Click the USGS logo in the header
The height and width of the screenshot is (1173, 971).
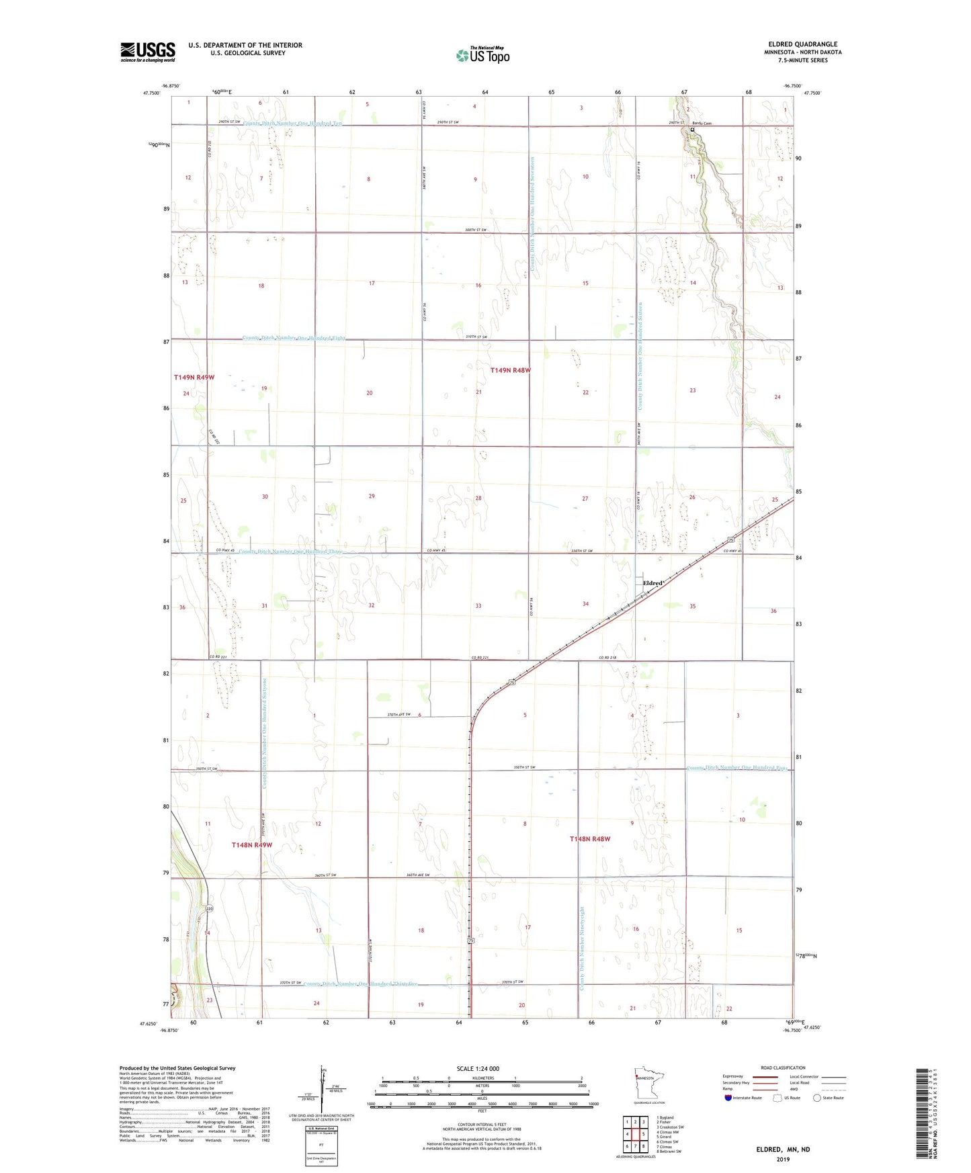coord(148,52)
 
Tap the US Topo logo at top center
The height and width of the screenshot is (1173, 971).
coord(482,55)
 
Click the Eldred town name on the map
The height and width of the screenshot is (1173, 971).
coord(652,583)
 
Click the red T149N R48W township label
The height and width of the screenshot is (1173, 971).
coord(510,370)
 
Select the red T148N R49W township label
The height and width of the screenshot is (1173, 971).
coord(251,844)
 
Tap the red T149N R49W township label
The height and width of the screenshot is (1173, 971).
coord(194,378)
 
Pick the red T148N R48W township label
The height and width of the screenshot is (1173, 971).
coord(589,839)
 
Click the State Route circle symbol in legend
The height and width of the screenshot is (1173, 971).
coord(817,1098)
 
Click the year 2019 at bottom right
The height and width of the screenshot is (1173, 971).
coord(782,1159)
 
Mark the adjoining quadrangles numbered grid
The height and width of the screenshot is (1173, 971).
coord(635,1134)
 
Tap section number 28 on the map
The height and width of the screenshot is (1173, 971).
coord(478,498)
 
